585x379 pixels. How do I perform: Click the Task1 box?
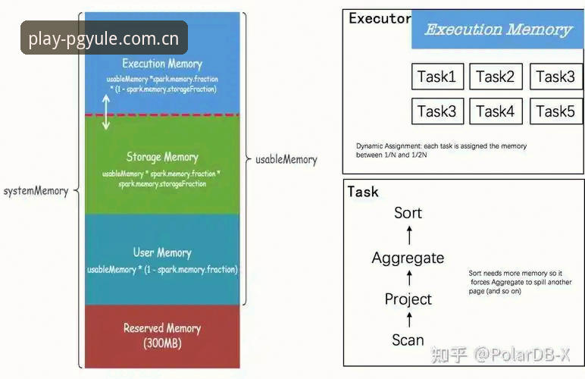coord(438,77)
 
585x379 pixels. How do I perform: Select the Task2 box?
coord(496,77)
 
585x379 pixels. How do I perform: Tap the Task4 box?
coord(496,111)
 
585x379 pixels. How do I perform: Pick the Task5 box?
coord(556,111)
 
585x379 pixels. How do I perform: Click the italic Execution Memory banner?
coord(498,30)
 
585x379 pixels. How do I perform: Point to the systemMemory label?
coord(36,191)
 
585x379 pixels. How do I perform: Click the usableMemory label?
coord(286,160)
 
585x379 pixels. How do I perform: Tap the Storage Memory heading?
coord(162,157)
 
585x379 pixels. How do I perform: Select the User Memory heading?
coord(162,252)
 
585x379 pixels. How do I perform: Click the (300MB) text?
coord(162,343)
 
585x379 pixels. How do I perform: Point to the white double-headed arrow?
coord(106,112)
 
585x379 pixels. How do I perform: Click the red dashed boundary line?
coord(162,115)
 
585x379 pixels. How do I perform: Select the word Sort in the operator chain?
coord(408,213)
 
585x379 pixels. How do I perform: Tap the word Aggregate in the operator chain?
coord(408,258)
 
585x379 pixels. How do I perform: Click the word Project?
coord(408,299)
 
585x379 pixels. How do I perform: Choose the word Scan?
coord(408,340)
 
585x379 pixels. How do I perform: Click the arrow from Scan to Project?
coord(409,320)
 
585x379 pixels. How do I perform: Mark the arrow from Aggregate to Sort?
coord(409,235)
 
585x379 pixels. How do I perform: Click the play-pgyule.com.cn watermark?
coord(104,39)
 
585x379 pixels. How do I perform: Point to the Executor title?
coord(380,18)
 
